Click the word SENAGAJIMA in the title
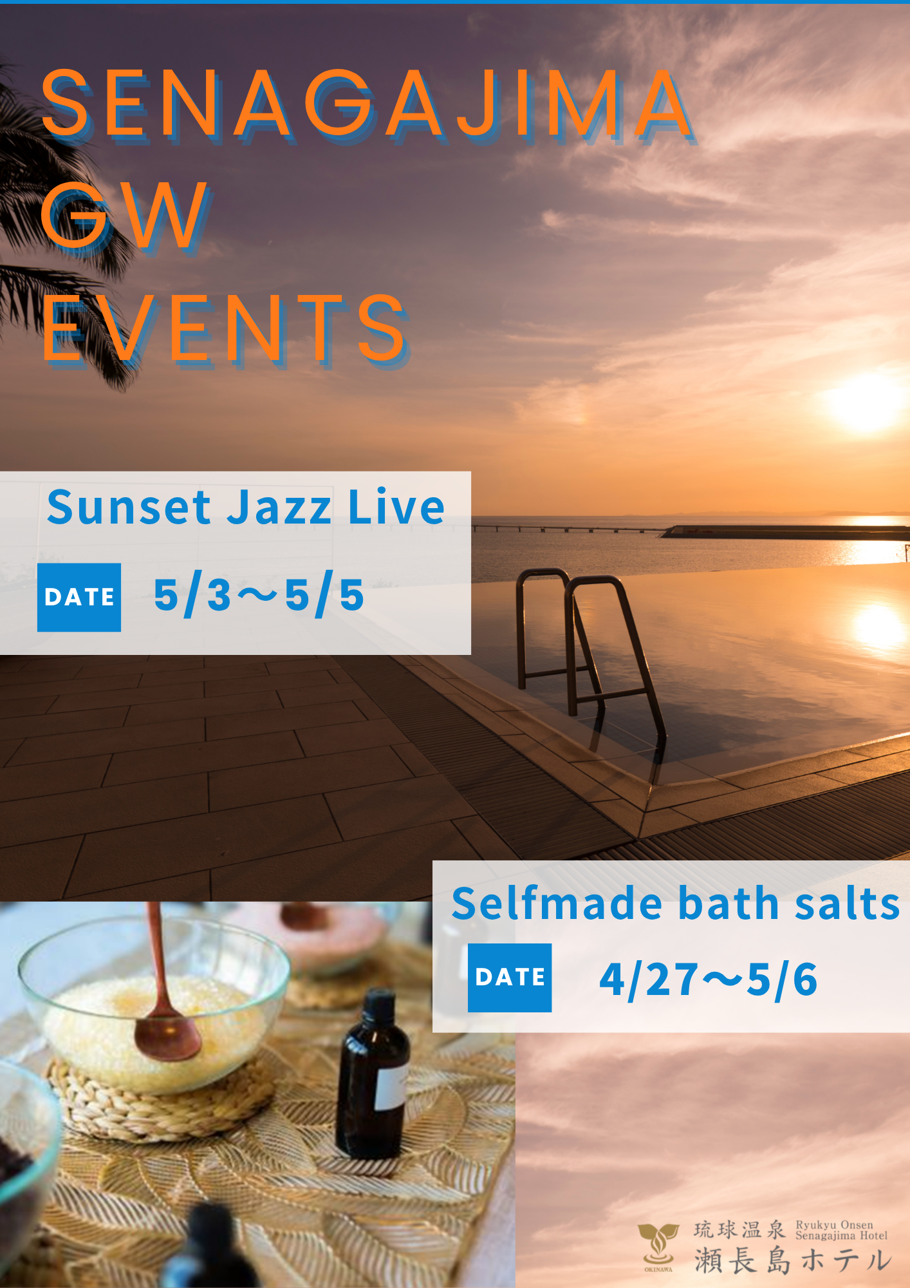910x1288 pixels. pos(367,104)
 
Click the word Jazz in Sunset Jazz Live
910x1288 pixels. pos(279,507)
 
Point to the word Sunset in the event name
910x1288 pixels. pos(129,507)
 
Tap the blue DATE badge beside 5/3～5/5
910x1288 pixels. pos(79,597)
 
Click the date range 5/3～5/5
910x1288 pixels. pos(259,596)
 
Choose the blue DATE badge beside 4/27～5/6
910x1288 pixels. pos(510,978)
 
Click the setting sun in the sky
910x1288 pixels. pos(866,401)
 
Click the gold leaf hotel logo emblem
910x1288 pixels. pos(658,1243)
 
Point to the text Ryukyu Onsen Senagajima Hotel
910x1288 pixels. pos(841,1230)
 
